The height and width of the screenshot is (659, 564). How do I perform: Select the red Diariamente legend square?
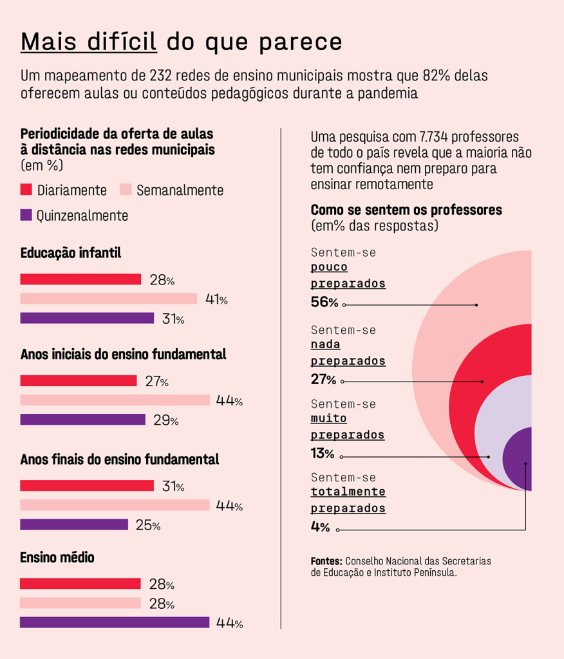click(x=26, y=190)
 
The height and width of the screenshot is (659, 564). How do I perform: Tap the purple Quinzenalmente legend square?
click(x=26, y=216)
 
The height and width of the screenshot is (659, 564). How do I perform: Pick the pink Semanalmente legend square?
click(x=126, y=190)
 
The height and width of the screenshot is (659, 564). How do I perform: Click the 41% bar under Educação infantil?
click(x=109, y=299)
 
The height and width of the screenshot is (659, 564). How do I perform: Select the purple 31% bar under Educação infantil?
click(x=87, y=318)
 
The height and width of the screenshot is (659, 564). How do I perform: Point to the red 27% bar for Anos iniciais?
click(x=79, y=381)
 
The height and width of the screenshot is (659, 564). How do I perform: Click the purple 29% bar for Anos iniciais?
click(x=83, y=420)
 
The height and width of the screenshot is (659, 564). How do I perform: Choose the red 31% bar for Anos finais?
click(x=87, y=486)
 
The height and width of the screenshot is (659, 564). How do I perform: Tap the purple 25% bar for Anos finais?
click(x=74, y=524)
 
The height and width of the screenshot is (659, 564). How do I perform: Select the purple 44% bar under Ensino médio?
click(x=115, y=622)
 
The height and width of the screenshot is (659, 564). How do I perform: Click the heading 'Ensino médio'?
click(x=57, y=557)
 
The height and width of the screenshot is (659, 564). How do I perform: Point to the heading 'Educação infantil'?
click(x=71, y=254)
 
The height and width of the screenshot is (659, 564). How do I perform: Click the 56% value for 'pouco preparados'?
click(x=324, y=302)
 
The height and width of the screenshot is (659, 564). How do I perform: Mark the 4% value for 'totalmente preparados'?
click(x=320, y=528)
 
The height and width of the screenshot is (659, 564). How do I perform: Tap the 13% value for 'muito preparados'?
click(x=323, y=454)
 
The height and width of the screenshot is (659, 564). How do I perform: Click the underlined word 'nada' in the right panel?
click(x=325, y=344)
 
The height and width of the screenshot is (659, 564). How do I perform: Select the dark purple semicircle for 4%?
click(x=519, y=459)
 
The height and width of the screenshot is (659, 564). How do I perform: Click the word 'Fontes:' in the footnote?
click(x=326, y=561)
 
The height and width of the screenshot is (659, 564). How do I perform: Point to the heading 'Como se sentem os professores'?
click(x=406, y=210)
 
